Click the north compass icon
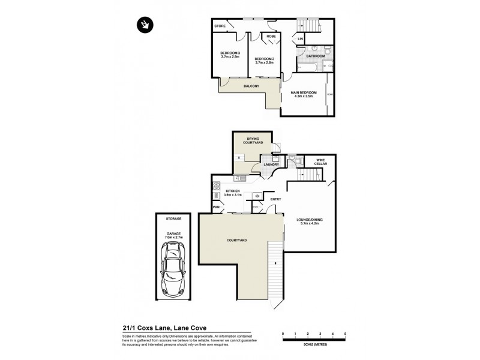(145, 25)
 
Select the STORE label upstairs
(220, 26)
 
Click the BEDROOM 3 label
(230, 53)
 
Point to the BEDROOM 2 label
(265, 58)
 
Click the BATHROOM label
(316, 56)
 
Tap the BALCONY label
(251, 86)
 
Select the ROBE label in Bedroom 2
(271, 37)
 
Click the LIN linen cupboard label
(301, 40)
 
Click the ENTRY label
(275, 199)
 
